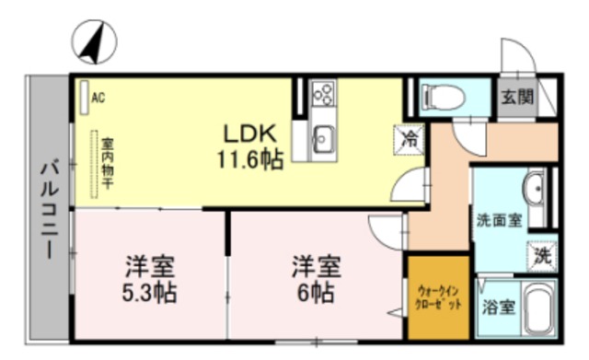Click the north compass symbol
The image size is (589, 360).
click(96, 41)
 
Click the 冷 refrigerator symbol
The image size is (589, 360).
click(410, 141)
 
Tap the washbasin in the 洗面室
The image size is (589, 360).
click(535, 188)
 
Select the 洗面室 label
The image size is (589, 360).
click(499, 220)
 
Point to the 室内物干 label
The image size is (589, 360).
click(107, 165)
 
